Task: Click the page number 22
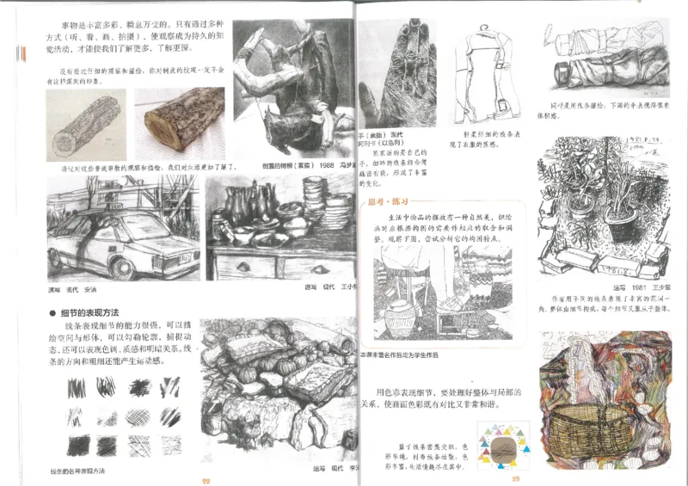pyautogui.click(x=206, y=480)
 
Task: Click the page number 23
pyautogui.click(x=517, y=480)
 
